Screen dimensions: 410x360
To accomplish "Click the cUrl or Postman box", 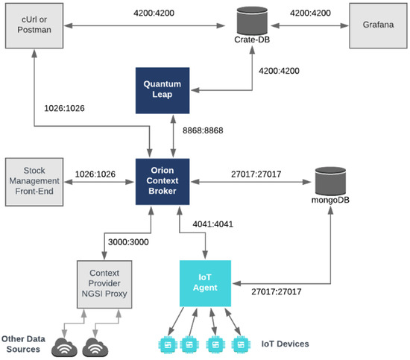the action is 34,25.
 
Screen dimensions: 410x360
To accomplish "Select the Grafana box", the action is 378,25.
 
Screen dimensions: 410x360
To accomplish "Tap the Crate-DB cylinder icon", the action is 252,21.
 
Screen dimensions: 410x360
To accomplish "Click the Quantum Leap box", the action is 163,90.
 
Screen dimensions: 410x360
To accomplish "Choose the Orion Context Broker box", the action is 163,181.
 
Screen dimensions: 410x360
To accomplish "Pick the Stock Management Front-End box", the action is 34,182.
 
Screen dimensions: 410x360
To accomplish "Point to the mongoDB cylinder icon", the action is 330,181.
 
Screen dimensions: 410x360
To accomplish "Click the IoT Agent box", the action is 205,283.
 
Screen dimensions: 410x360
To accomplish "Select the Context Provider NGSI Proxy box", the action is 104,284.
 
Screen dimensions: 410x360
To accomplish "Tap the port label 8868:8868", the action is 203,130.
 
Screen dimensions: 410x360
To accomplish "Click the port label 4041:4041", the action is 213,224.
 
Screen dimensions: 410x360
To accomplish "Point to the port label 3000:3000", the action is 128,241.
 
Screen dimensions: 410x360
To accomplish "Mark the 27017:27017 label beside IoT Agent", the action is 277,291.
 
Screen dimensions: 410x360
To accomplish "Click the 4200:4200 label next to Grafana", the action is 310,13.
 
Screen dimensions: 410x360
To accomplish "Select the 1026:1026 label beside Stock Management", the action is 95,174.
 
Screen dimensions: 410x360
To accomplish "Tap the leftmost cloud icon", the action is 64,347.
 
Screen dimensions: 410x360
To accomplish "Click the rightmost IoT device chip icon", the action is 241,344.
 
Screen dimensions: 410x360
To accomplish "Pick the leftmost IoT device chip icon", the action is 168,344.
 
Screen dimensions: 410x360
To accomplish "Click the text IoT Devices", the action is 286,344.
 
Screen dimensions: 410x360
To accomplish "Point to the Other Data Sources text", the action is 23,344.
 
